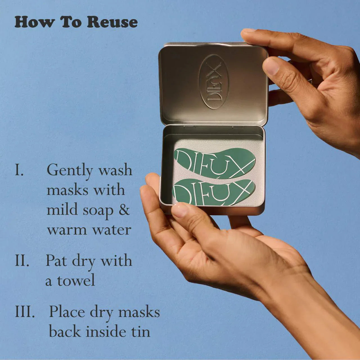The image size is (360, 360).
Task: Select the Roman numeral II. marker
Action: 22,261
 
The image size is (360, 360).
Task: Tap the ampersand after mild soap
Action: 124,210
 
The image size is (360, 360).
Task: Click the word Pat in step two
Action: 57,261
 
